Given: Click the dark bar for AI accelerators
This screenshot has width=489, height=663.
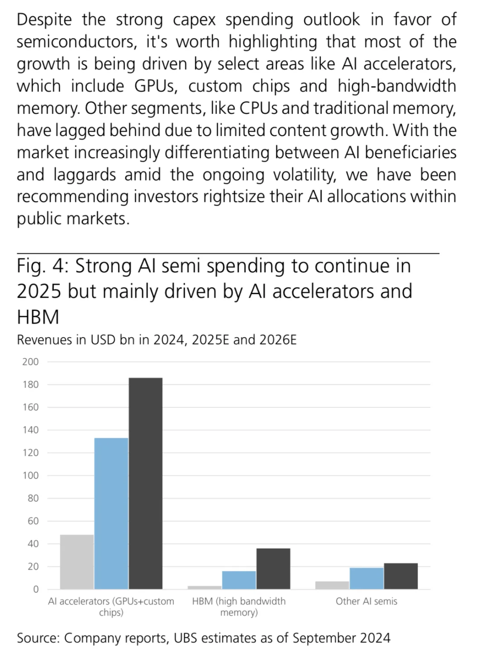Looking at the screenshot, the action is click(x=145, y=484).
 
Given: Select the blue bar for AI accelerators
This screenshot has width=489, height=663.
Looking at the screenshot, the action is click(x=111, y=513).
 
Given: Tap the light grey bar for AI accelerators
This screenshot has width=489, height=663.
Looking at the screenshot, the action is click(x=77, y=562).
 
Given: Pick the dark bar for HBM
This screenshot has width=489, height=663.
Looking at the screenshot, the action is click(x=273, y=569).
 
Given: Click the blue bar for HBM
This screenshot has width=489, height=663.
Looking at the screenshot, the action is click(x=239, y=580).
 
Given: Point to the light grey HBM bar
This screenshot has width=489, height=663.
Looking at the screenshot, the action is click(x=205, y=587).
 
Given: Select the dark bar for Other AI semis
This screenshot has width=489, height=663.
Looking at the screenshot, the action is click(x=401, y=576).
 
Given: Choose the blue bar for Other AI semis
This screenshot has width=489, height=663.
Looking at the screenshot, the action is click(x=367, y=578).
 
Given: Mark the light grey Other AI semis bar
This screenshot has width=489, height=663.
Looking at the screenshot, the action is click(x=332, y=586).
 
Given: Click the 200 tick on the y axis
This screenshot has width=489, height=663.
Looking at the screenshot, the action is click(x=30, y=362).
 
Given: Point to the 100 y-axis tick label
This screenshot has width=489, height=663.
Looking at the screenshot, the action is click(x=30, y=475).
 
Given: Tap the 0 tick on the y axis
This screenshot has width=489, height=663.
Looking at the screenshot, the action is click(x=36, y=589).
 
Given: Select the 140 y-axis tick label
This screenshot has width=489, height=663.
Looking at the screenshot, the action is click(x=30, y=430).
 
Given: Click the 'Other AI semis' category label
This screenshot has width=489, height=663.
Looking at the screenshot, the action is click(x=367, y=601).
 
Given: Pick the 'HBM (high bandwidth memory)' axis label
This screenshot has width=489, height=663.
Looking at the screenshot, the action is click(x=239, y=607).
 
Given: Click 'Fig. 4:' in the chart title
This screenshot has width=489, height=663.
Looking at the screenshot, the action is click(x=43, y=266).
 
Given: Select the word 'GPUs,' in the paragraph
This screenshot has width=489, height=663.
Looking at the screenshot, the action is click(x=156, y=87).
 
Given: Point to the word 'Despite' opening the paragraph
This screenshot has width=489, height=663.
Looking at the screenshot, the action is click(x=44, y=20).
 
